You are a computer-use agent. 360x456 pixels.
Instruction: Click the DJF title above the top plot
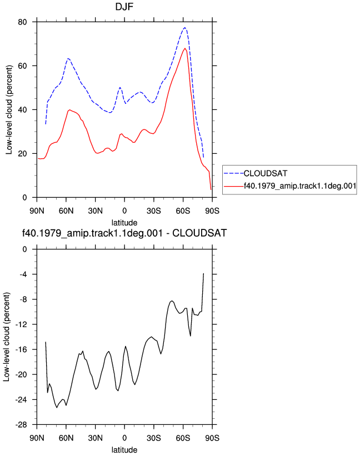124,7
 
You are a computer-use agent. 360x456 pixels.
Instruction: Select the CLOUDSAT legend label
265,173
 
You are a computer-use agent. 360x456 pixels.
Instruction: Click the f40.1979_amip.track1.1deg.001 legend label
300,186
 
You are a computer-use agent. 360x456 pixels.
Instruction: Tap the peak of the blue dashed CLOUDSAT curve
185,28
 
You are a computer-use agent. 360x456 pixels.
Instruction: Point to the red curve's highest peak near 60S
185,48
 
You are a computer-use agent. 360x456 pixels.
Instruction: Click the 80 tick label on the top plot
22,22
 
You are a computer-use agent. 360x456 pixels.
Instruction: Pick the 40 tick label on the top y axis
22,109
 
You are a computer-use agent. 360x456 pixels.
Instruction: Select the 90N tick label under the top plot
37,211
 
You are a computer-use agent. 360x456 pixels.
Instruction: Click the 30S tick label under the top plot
153,211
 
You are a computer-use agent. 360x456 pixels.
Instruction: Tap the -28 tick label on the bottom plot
21,425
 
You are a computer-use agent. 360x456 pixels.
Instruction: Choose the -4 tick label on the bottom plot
23,274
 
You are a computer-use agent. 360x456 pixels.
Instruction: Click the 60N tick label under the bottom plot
66,438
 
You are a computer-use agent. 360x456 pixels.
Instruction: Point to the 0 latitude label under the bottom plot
124,438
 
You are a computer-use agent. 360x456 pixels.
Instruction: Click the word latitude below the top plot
124,223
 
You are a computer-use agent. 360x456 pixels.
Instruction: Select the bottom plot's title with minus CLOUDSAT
124,233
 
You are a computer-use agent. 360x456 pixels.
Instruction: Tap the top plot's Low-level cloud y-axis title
9,109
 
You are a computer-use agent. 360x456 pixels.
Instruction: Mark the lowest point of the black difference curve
57,408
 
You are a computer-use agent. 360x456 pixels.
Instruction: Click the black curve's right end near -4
203,273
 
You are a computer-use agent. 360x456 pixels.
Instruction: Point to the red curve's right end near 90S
211,189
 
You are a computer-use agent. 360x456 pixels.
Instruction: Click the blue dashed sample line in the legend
233,173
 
